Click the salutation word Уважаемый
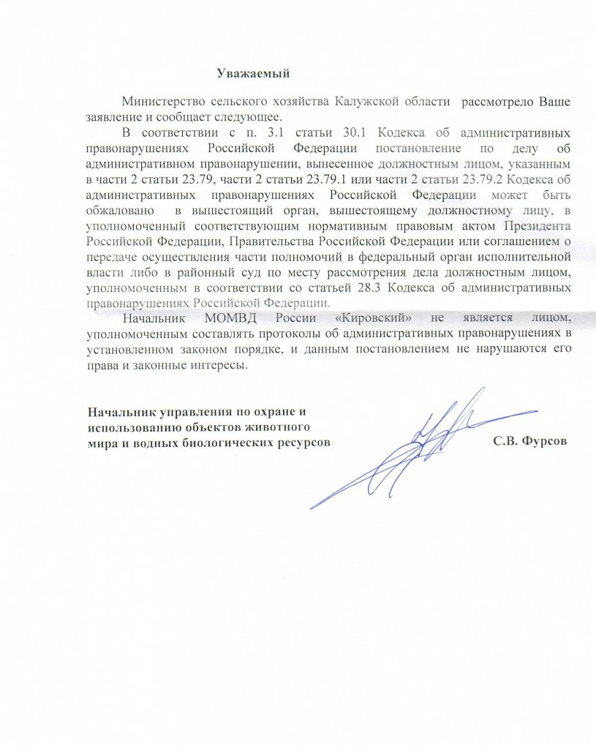[254, 73]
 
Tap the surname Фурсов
[545, 442]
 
